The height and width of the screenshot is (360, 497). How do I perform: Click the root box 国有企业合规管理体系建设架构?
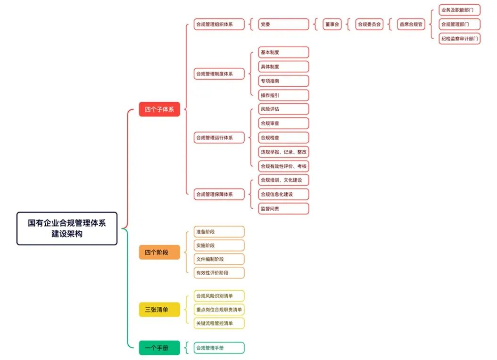click(x=66, y=229)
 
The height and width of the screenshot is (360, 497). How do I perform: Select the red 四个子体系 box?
click(x=159, y=110)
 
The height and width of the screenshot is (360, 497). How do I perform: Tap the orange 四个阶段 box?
click(x=159, y=253)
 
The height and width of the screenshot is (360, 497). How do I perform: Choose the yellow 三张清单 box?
click(x=159, y=310)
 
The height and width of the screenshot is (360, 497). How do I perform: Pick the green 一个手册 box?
click(x=159, y=348)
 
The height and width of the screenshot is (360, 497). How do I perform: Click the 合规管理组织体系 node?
click(x=219, y=25)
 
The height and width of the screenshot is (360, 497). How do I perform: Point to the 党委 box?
click(x=283, y=25)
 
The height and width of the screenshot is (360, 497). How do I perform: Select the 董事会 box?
click(x=332, y=25)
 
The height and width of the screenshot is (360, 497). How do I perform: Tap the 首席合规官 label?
click(x=411, y=25)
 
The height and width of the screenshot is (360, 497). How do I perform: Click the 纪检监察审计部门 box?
click(x=459, y=39)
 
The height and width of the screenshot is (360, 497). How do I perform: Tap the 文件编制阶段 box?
click(x=219, y=259)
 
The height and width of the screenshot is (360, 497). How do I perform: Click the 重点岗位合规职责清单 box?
click(x=219, y=310)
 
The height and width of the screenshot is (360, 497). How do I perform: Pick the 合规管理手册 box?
click(x=219, y=348)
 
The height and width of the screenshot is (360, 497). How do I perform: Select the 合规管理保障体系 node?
click(x=219, y=194)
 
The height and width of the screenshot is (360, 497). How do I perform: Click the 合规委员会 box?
click(x=369, y=25)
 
